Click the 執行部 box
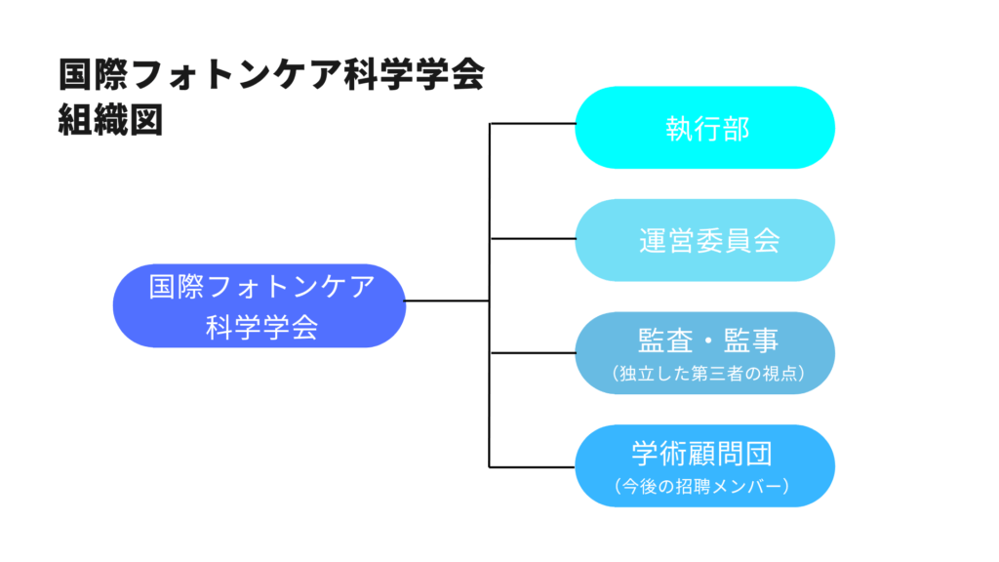pyautogui.click(x=704, y=128)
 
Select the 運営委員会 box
pyautogui.click(x=704, y=240)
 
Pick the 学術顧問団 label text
pyautogui.click(x=702, y=454)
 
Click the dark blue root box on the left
pyautogui.click(x=259, y=305)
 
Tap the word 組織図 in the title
pyautogui.click(x=110, y=120)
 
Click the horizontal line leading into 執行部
pyautogui.click(x=532, y=125)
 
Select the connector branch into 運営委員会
pyautogui.click(x=532, y=238)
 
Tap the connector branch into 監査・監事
pyautogui.click(x=532, y=352)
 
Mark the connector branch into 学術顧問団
pyautogui.click(x=532, y=465)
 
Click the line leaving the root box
pyautogui.click(x=447, y=301)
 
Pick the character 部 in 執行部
pyautogui.click(x=736, y=129)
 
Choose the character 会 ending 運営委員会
pyautogui.click(x=766, y=241)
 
